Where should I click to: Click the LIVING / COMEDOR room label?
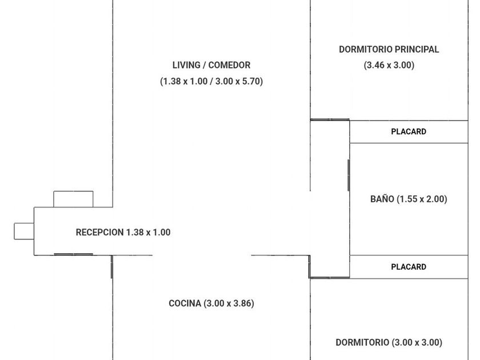211,65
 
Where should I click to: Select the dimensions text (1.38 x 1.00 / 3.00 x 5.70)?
211,81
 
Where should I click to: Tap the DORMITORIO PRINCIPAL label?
389,49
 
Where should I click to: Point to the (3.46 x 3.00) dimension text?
389,65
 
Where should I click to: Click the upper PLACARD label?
409,131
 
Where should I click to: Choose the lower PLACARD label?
409,267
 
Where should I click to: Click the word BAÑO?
382,199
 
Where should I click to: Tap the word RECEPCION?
99,232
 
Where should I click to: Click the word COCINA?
185,303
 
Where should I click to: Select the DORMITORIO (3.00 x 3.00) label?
389,342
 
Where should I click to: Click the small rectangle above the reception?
73,199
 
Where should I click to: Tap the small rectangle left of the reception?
24,231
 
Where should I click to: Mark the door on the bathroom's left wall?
349,175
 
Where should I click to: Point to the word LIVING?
186,65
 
